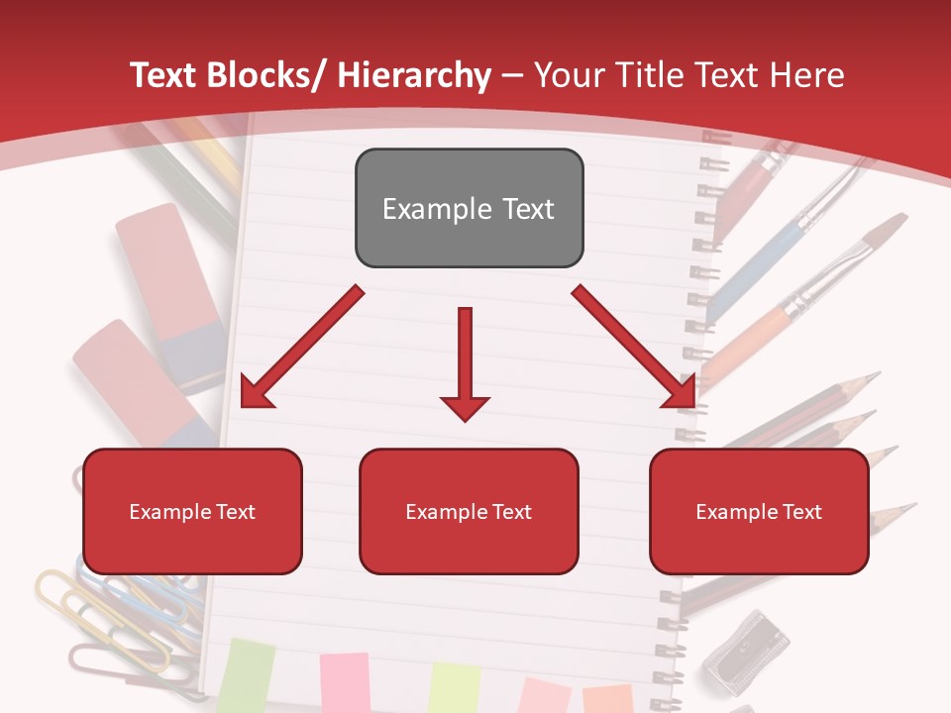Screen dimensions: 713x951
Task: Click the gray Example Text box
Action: coord(469,208)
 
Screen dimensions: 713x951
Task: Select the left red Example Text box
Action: coord(192,511)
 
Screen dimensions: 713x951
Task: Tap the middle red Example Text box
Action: coord(469,511)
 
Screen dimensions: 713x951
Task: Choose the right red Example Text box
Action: coord(759,511)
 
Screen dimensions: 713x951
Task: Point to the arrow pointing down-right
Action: coord(634,347)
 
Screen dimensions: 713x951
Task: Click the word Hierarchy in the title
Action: coord(414,75)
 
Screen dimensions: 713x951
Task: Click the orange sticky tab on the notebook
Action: coord(606,697)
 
